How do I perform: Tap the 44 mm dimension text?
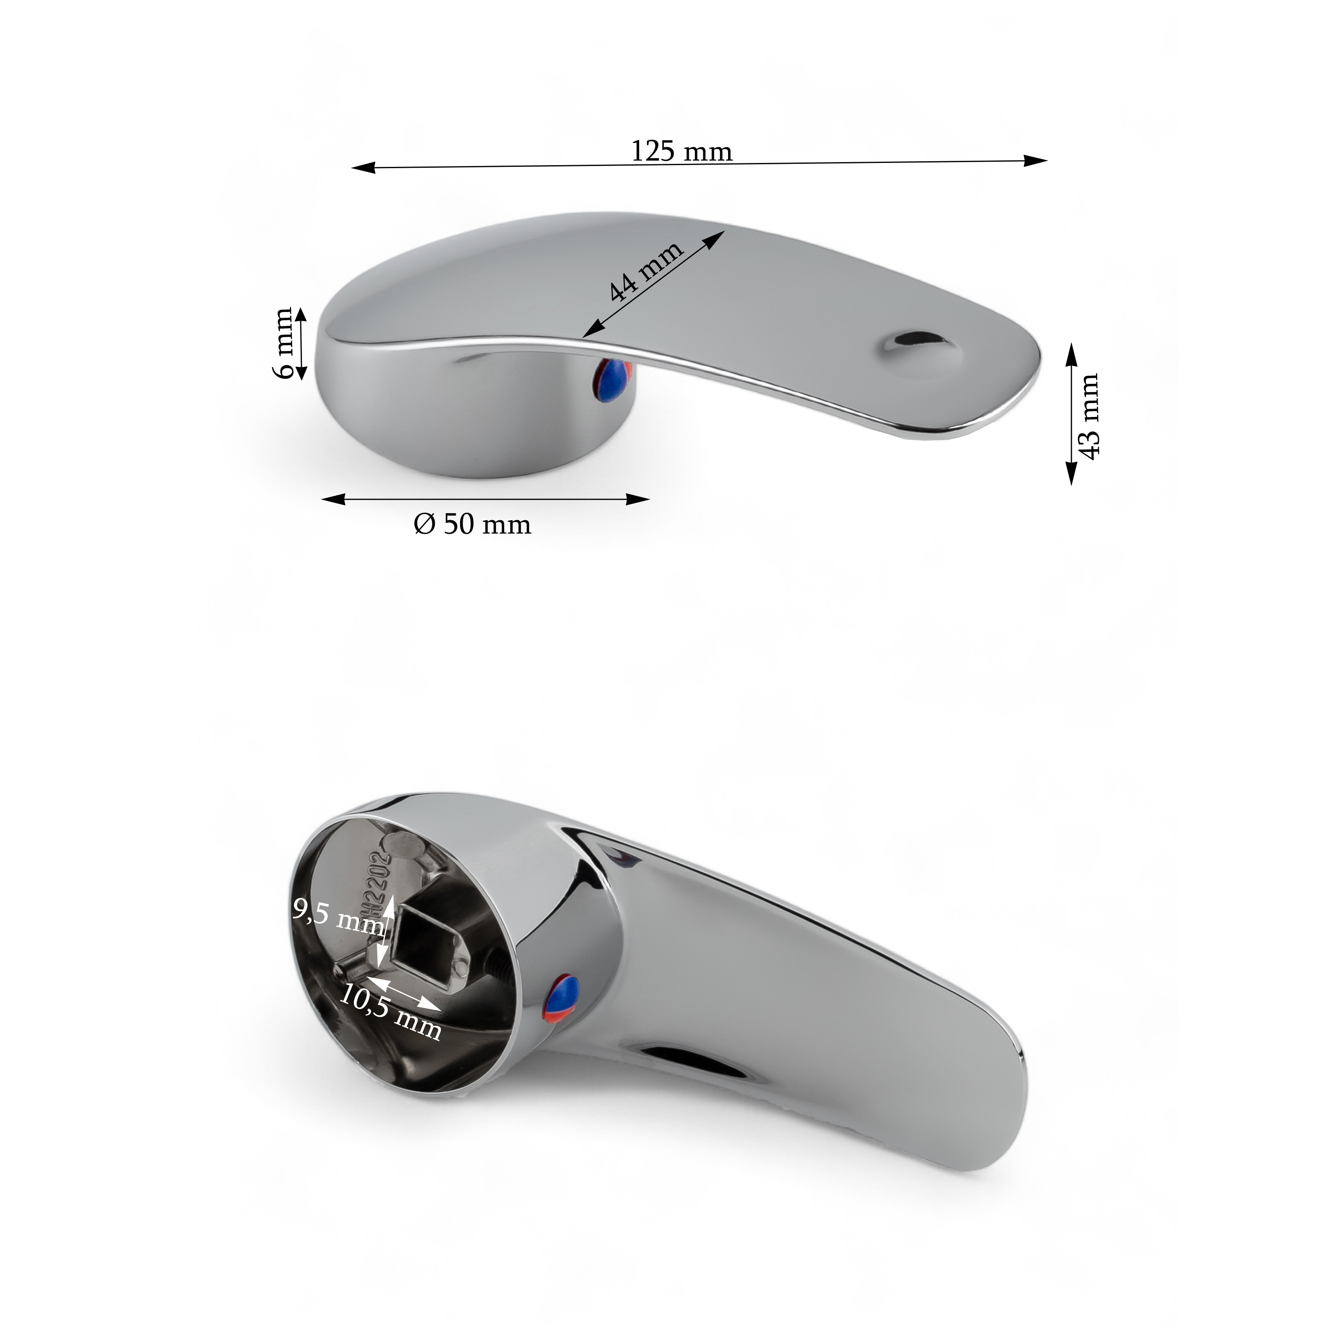tap(646, 271)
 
